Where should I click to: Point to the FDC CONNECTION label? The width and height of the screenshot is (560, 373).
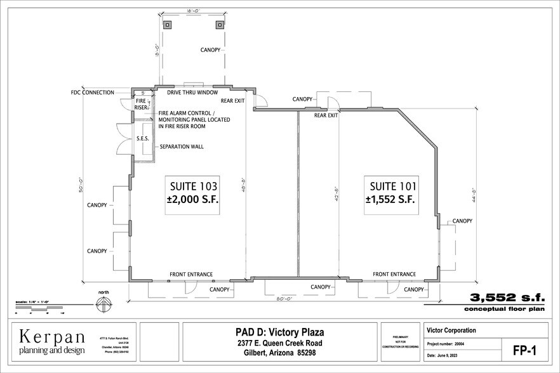point(93,93)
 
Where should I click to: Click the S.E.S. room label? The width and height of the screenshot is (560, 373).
point(143,138)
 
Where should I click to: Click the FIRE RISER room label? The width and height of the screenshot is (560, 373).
point(141,104)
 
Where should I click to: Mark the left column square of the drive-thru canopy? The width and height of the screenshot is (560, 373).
point(168,25)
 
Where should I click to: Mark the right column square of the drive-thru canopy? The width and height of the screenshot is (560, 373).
point(220,25)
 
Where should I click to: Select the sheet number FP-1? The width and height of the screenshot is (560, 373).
point(526,350)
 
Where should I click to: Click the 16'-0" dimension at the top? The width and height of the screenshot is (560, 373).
point(193,11)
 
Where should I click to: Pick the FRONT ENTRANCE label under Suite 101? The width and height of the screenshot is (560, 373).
point(394,275)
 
